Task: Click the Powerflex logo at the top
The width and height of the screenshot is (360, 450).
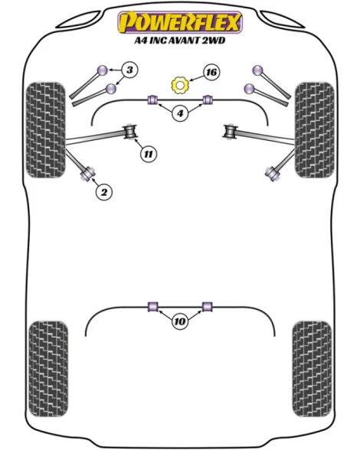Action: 180,22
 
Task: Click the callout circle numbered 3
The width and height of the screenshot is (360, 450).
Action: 129,70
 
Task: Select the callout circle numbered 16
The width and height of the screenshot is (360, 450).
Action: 211,72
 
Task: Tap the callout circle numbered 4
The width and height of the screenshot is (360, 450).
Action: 180,113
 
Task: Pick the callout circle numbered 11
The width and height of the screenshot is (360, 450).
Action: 149,154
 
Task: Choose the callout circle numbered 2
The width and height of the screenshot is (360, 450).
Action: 104,191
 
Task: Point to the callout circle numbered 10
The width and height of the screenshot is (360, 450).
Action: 180,321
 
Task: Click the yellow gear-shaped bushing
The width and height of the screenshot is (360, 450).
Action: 180,85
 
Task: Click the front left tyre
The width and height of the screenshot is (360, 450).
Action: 45,130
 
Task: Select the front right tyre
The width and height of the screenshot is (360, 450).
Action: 315,130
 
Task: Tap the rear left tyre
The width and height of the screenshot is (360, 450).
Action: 48,369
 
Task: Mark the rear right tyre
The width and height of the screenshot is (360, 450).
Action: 312,369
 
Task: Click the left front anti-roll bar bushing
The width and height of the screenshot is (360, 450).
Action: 153,99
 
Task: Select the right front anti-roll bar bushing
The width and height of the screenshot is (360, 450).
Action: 208,99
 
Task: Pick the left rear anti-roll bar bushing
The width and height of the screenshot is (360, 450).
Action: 153,307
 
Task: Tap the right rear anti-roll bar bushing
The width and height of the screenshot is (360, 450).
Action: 207,307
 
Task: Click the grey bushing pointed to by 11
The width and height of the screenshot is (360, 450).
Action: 130,132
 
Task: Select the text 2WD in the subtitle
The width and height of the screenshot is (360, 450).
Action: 214,41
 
